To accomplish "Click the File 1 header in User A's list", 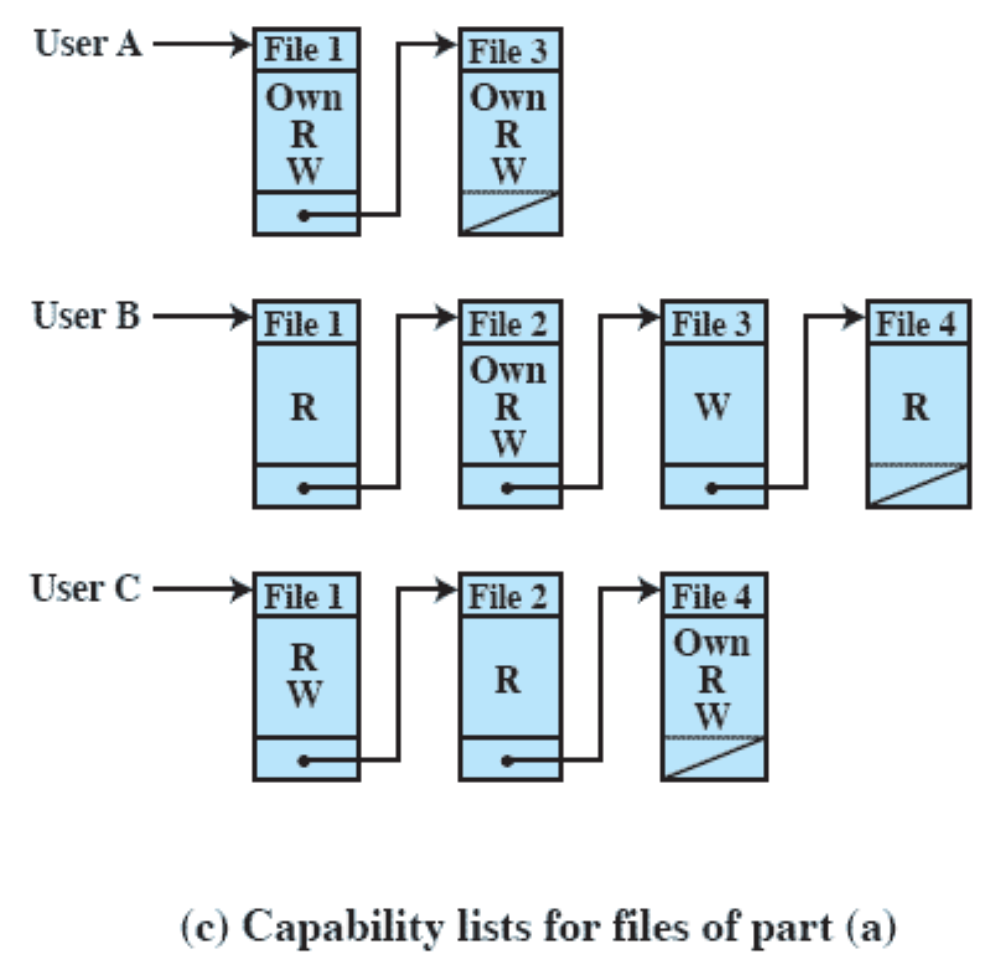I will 305,49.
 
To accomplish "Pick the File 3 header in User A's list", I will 509,49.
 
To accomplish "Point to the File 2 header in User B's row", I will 509,323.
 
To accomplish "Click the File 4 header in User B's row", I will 917,323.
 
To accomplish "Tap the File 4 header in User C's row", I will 713,596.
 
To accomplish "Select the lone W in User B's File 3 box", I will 713,408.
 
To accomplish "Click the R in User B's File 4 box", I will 917,408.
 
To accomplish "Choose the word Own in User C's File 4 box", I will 713,644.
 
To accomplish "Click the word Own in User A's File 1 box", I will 305,98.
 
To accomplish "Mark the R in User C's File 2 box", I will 509,681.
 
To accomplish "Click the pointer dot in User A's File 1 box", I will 302,215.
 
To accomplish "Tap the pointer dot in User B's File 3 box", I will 710,488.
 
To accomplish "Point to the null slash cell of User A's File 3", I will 509,213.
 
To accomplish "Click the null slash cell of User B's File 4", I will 917,486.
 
